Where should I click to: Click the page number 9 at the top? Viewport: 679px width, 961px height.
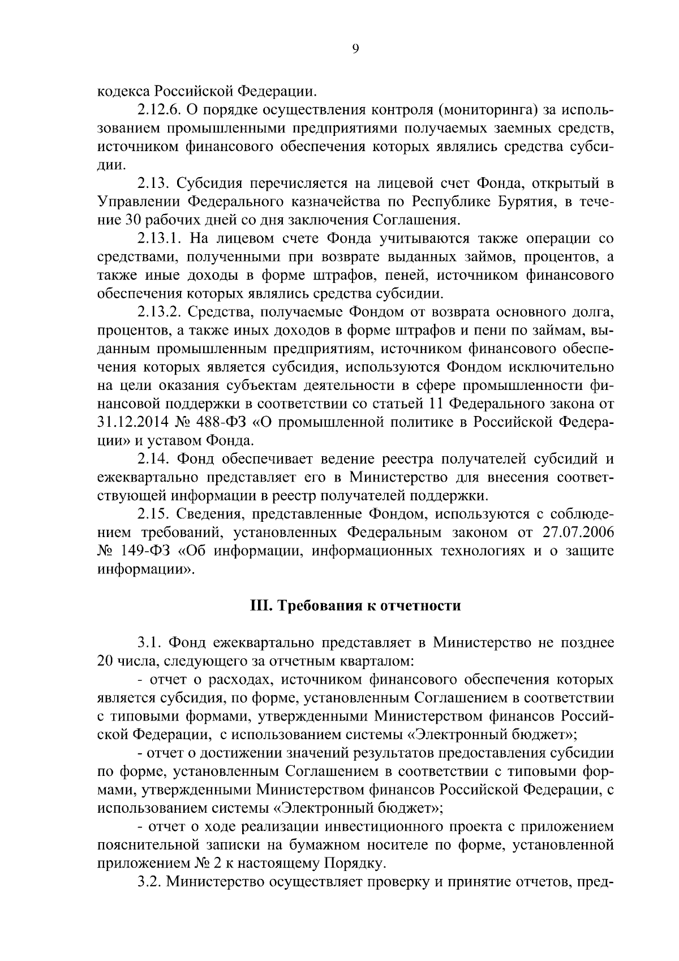[355, 49]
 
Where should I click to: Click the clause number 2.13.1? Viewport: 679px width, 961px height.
[159, 238]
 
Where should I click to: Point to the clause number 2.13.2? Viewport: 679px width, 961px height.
[160, 312]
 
